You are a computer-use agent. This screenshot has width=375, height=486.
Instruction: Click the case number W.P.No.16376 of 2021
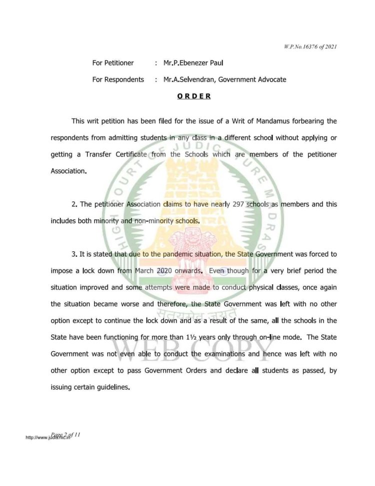[309, 47]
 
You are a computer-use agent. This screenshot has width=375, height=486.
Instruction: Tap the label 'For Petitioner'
[113, 63]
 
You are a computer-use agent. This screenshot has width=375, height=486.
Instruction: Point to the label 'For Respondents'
[118, 79]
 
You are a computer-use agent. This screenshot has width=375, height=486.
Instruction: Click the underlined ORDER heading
[193, 96]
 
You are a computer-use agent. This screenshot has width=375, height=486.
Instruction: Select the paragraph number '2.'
[74, 204]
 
